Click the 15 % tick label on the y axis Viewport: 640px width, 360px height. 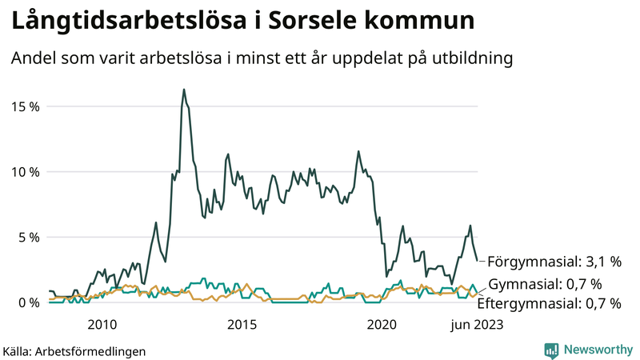25,106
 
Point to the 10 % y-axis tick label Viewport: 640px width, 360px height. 25,172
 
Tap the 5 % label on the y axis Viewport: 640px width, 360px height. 29,238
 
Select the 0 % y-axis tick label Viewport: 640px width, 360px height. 29,302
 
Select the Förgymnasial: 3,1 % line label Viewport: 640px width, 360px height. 554,262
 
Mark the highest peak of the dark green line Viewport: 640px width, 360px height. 184,90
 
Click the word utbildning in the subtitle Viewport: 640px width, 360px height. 471,58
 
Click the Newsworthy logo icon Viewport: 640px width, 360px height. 551,350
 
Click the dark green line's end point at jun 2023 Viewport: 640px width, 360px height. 478,261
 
